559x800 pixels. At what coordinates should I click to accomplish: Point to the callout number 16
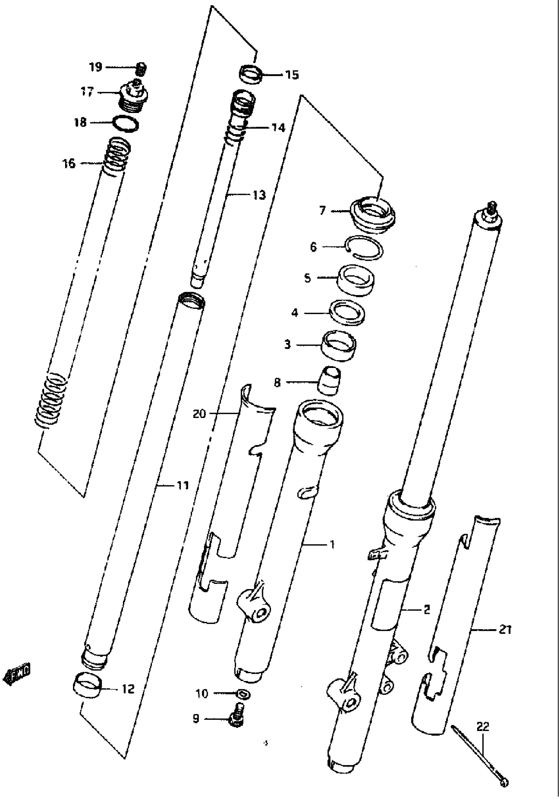69,163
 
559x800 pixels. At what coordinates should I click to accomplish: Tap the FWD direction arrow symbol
16,673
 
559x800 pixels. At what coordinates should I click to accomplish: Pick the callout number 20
200,414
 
